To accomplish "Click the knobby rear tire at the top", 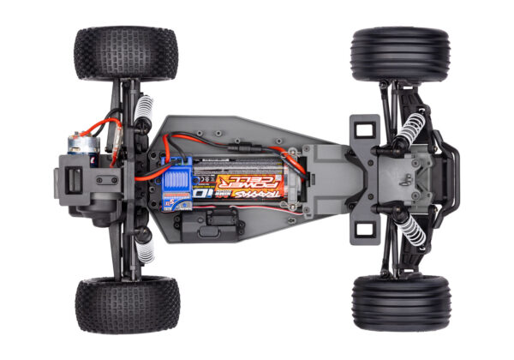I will [x=126, y=53].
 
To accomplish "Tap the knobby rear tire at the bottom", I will [x=127, y=304].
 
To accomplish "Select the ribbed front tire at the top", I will [x=399, y=55].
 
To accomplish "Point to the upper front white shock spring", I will [x=411, y=128].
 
